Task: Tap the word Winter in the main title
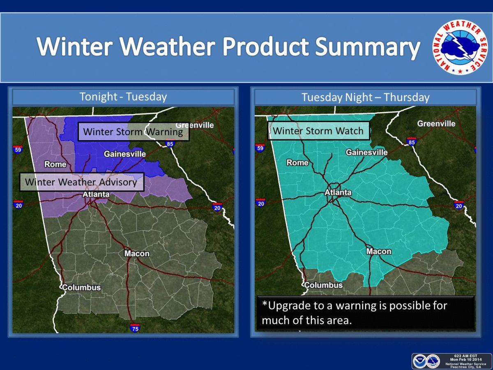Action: [x=75, y=46]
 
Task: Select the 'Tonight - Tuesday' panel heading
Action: [x=123, y=97]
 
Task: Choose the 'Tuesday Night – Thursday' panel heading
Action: [x=365, y=97]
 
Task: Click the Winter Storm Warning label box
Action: [x=134, y=132]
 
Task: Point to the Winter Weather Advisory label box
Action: [x=82, y=182]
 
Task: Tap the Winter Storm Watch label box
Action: [x=318, y=131]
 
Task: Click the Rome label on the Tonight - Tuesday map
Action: [x=55, y=164]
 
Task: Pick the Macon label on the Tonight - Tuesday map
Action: [x=137, y=253]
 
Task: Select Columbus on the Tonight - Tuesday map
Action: [x=81, y=287]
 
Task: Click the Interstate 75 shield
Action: [x=135, y=328]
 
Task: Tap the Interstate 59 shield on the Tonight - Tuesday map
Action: [x=18, y=149]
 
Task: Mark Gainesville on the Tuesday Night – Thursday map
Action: [x=366, y=152]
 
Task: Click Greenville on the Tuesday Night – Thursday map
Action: [x=436, y=124]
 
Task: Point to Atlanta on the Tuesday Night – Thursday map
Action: [x=338, y=192]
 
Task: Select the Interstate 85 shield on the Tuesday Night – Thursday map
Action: [x=412, y=141]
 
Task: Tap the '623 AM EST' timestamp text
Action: [x=465, y=356]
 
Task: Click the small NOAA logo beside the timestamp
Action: [x=419, y=361]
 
